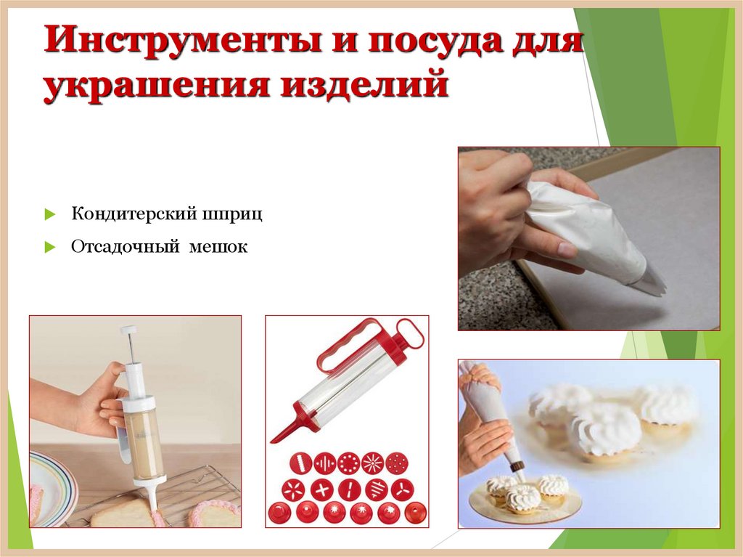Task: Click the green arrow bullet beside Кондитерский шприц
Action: pos(49,215)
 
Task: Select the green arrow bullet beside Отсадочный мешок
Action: pos(49,248)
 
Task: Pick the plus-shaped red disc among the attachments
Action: pos(321,489)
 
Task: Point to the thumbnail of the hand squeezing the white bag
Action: pos(588,238)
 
